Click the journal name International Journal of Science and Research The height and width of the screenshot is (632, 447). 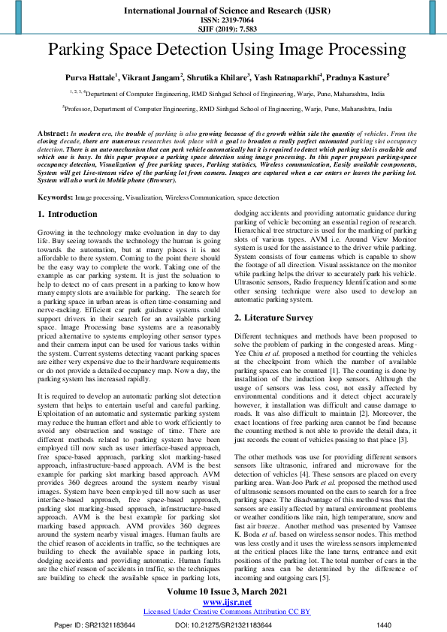(x=223, y=12)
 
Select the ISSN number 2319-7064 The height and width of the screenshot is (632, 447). (x=223, y=22)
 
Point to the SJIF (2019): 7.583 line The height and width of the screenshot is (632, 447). (x=223, y=31)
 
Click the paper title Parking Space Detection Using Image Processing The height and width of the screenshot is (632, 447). (x=223, y=51)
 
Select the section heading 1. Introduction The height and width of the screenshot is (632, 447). (x=68, y=215)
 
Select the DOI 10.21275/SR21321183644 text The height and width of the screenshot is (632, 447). (x=223, y=624)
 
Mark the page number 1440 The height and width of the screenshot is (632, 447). (x=383, y=624)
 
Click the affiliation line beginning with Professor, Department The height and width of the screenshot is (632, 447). (x=223, y=108)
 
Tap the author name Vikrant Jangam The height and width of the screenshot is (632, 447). (x=154, y=77)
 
